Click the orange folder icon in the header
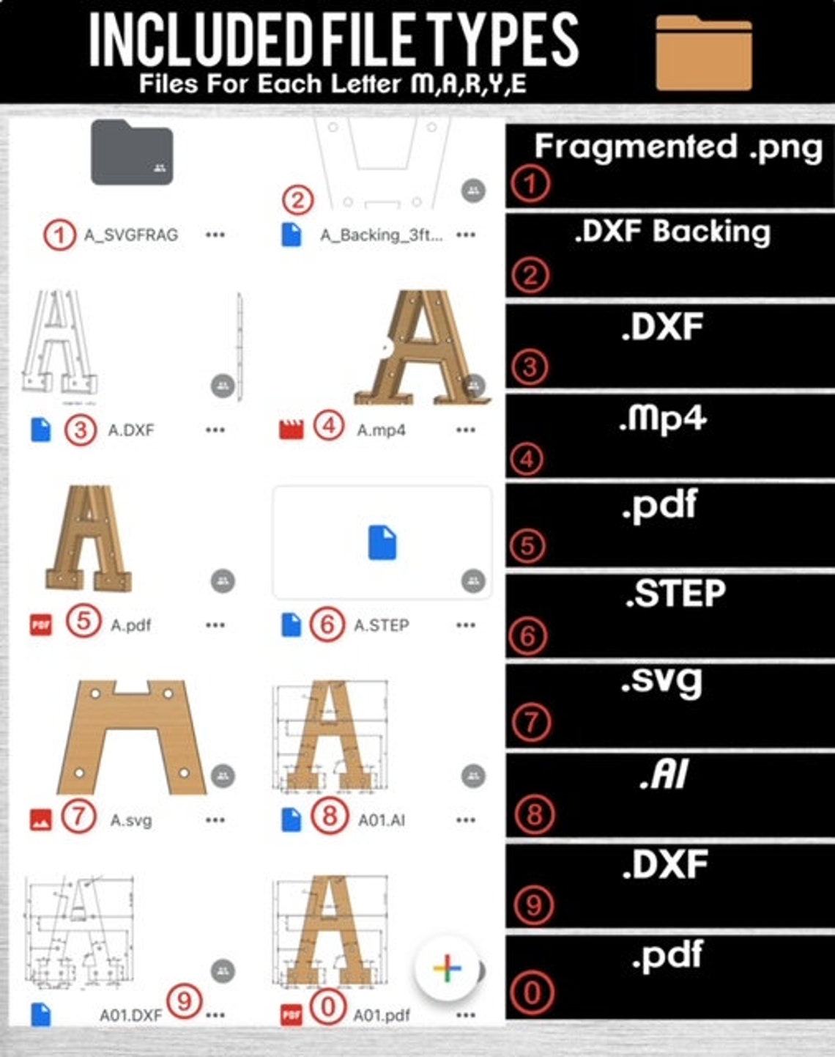(x=703, y=53)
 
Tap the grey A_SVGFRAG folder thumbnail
(x=132, y=153)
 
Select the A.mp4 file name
(x=381, y=430)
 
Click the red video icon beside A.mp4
(x=291, y=429)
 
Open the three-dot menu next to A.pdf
(x=215, y=625)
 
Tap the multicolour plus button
(x=447, y=968)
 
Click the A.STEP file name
(x=382, y=625)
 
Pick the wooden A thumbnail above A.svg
(x=131, y=737)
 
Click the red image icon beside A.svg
(x=41, y=820)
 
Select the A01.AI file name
(x=382, y=820)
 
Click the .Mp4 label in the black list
(x=662, y=419)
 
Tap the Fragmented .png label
(x=678, y=147)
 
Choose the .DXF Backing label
(x=672, y=232)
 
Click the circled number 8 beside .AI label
(x=534, y=814)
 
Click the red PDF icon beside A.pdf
(x=41, y=625)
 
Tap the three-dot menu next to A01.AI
(x=466, y=820)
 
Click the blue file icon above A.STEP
(x=382, y=543)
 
